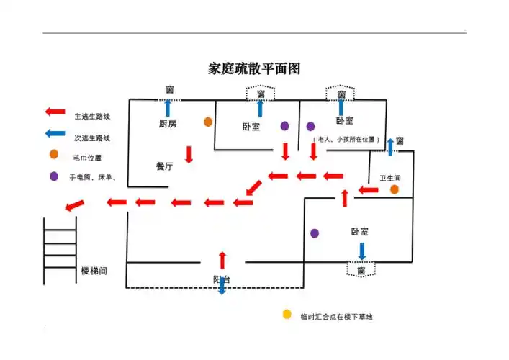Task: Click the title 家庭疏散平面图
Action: click(253, 69)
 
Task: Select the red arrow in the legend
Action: click(55, 112)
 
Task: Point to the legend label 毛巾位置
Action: click(87, 157)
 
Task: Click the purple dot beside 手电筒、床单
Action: click(54, 176)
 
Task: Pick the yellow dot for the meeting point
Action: click(287, 315)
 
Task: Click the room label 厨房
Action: click(168, 124)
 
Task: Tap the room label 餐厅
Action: click(164, 166)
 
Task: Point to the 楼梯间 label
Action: click(94, 271)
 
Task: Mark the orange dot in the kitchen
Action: click(207, 122)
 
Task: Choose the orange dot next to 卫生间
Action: click(395, 189)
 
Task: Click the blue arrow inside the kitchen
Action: click(168, 108)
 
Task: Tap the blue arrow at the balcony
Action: click(222, 287)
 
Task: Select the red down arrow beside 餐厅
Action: click(189, 154)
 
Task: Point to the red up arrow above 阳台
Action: click(222, 259)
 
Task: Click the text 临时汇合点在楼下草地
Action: click(336, 317)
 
